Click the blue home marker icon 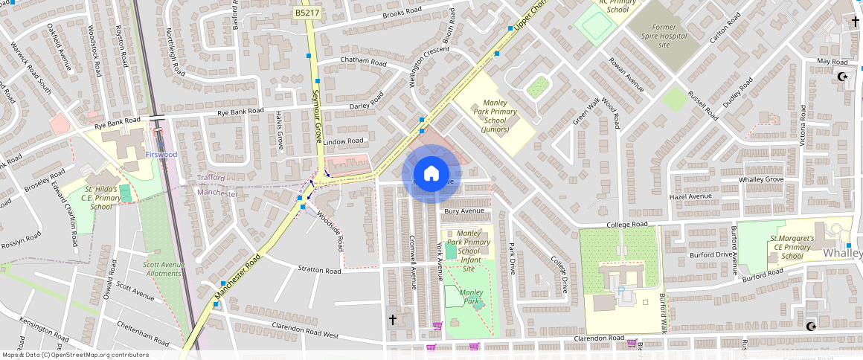coord(431,174)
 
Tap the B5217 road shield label coord(307,13)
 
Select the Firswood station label coord(161,154)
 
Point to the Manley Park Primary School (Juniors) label coord(495,116)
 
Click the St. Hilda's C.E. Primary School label coord(101,198)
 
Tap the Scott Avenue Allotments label coord(163,269)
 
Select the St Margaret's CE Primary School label coord(791,248)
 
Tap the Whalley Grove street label coord(761,180)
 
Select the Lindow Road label coord(343,141)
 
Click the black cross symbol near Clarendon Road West coord(392,319)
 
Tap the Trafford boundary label coord(211,178)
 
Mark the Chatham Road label coord(363,61)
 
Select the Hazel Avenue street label coord(690,196)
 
